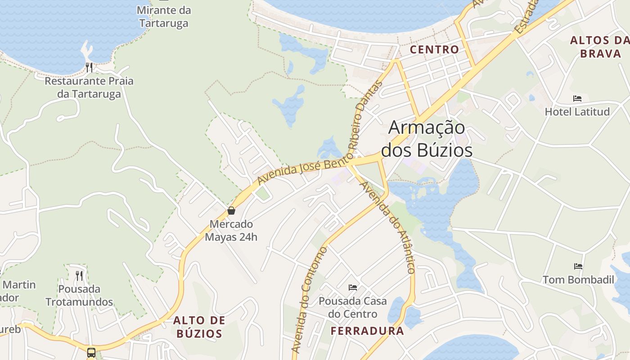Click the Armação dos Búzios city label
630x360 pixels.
click(427, 139)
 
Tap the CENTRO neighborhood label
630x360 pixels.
click(434, 49)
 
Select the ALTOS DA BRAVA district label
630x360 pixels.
click(600, 47)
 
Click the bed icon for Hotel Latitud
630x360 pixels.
click(577, 99)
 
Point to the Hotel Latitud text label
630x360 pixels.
click(577, 112)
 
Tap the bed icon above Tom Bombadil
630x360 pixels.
click(578, 266)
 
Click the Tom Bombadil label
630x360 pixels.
click(578, 280)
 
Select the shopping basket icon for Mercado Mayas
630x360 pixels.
click(231, 211)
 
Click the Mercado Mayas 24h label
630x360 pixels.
click(231, 230)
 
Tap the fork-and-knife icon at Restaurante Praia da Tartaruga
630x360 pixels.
click(89, 67)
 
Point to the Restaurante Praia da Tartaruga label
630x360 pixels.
click(89, 88)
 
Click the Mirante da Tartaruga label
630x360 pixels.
click(164, 17)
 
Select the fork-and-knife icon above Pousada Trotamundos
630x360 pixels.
click(79, 275)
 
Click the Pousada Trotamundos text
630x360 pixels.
click(79, 295)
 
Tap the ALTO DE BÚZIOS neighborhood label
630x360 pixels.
click(199, 327)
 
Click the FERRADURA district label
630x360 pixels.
click(367, 331)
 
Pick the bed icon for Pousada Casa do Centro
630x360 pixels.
click(353, 287)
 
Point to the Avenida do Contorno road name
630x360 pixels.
click(308, 299)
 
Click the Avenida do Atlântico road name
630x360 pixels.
click(389, 227)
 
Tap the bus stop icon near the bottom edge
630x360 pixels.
click(91, 352)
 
